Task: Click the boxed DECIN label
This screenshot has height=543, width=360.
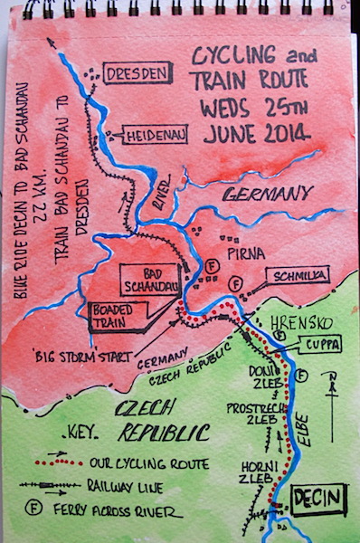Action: (x=317, y=500)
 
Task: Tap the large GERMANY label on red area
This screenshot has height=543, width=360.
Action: (x=269, y=194)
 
